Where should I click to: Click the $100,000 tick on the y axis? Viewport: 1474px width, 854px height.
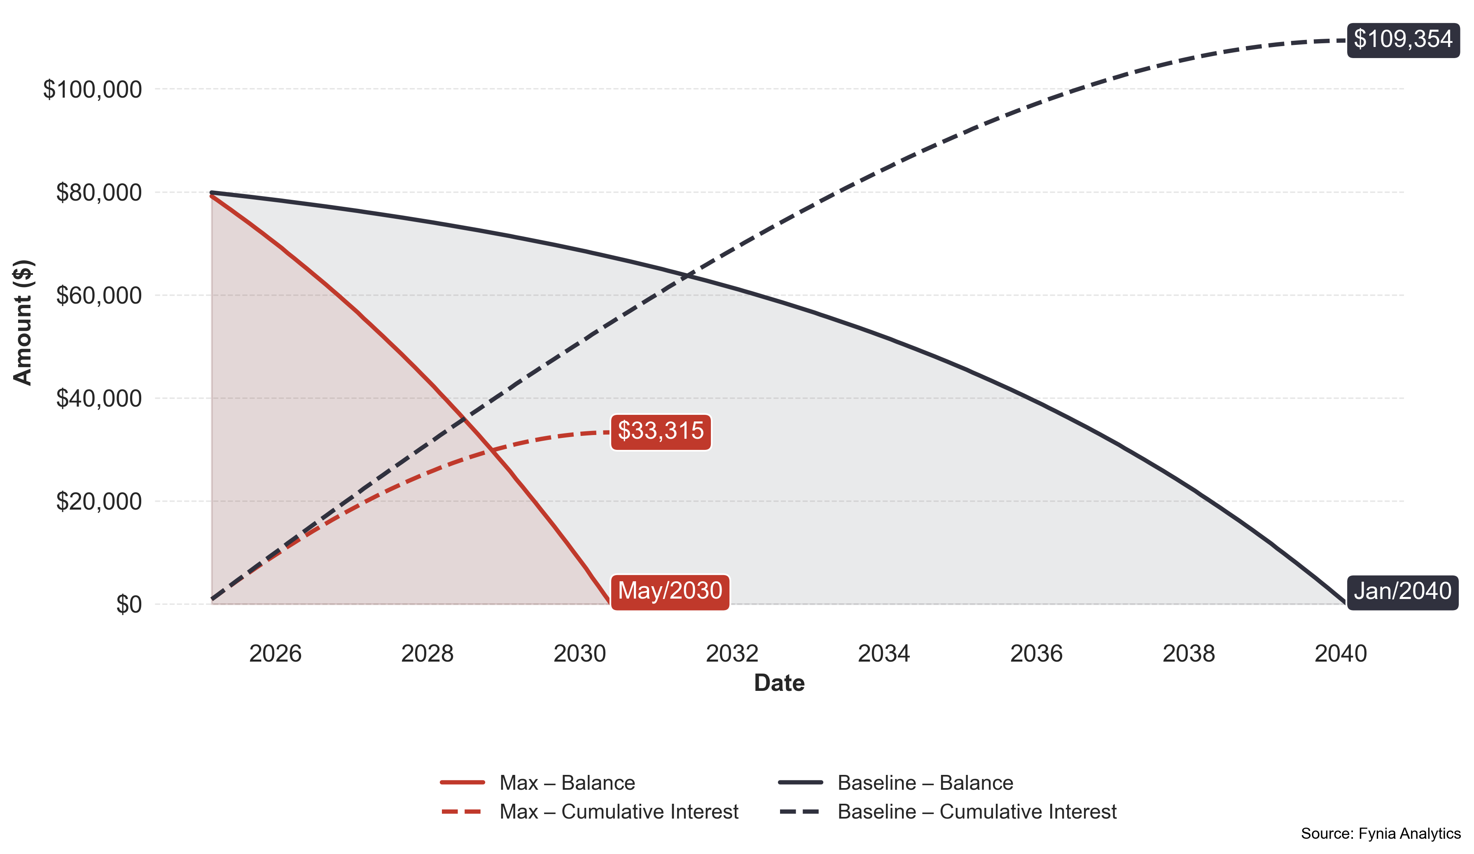point(92,89)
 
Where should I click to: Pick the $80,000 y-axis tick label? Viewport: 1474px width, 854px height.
point(99,192)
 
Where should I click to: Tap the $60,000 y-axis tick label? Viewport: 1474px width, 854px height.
point(99,295)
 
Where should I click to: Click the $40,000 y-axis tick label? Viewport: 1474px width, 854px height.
point(99,398)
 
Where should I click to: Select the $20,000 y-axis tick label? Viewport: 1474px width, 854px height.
point(99,501)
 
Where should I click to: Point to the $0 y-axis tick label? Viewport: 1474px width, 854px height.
point(128,604)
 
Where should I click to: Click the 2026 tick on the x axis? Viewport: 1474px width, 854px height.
point(275,653)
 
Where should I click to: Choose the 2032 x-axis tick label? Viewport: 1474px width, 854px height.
point(732,653)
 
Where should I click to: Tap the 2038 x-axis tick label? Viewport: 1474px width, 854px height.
point(1188,653)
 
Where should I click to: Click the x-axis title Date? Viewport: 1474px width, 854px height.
point(779,683)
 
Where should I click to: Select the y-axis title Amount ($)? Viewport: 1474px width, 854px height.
point(23,322)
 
